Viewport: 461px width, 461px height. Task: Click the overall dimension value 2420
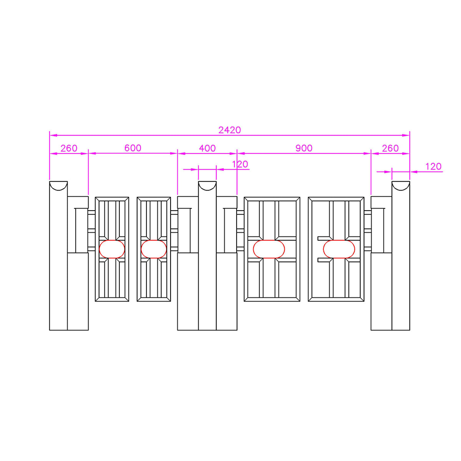click(x=229, y=130)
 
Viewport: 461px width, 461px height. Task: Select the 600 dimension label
click(x=133, y=148)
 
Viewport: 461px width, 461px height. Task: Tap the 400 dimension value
click(x=207, y=148)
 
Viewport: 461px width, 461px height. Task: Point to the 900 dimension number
click(x=304, y=148)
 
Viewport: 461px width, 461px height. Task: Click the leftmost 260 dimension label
click(x=69, y=148)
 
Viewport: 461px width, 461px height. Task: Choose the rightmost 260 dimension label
click(x=390, y=148)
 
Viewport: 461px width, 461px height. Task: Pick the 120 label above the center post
click(x=240, y=164)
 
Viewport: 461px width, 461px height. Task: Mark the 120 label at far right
click(x=433, y=166)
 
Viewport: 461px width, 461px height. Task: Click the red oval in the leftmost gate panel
click(x=112, y=249)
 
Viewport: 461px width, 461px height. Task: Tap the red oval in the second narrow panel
click(x=154, y=249)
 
